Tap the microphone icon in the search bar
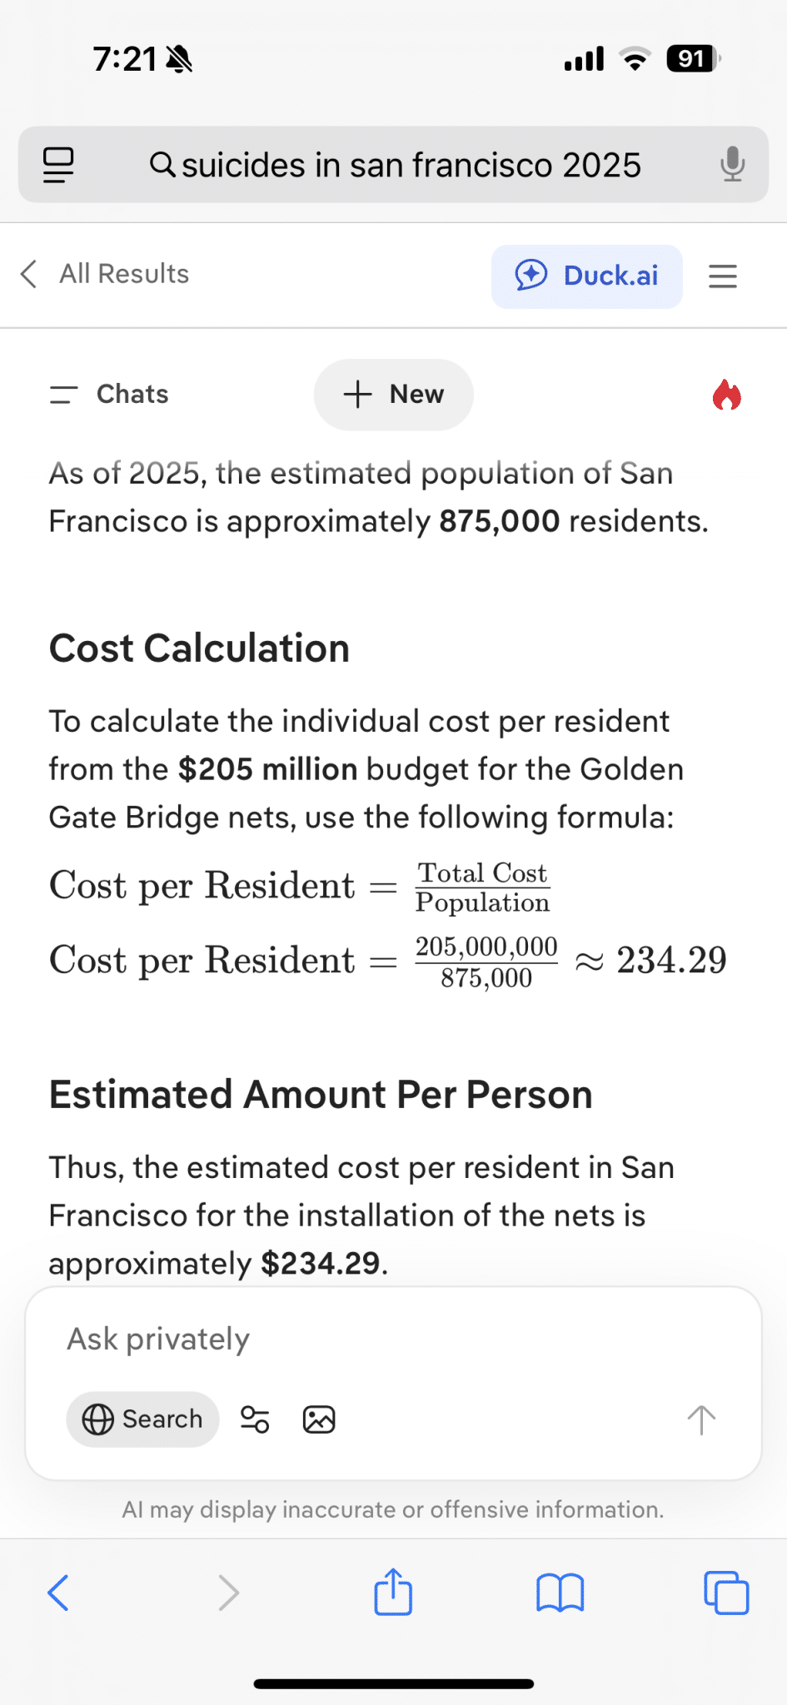tap(732, 164)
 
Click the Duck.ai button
tap(587, 276)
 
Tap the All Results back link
tap(106, 274)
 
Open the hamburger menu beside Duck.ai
tap(723, 276)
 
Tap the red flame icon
tap(726, 395)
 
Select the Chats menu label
tap(132, 394)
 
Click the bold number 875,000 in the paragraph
tap(499, 521)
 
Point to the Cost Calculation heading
tap(199, 648)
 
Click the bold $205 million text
tap(267, 769)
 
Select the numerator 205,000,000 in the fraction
tap(486, 947)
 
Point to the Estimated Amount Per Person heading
tap(321, 1095)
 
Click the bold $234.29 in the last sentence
tap(321, 1264)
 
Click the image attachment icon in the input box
tap(319, 1419)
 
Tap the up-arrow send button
tap(701, 1419)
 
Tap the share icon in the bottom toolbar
tap(393, 1592)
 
